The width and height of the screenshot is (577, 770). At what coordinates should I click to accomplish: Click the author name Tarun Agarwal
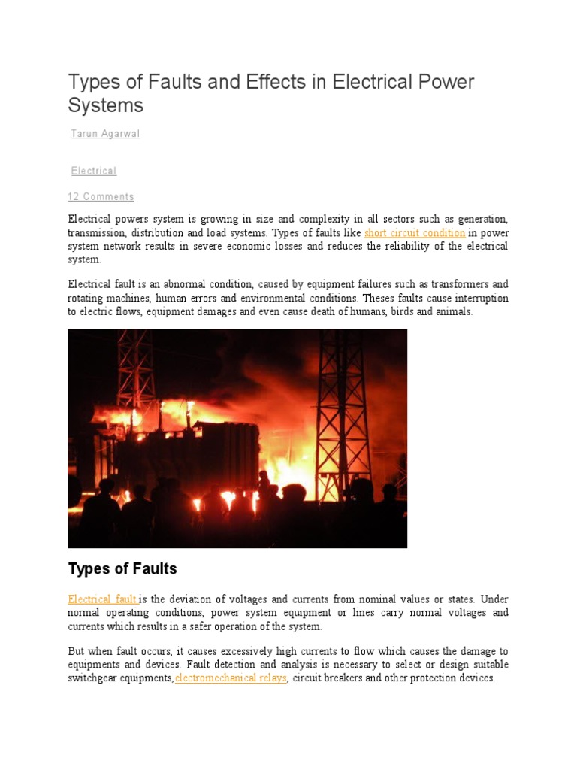(x=105, y=134)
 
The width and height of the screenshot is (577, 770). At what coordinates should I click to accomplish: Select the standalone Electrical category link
(x=94, y=171)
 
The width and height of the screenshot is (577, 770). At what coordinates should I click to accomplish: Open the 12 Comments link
(x=101, y=197)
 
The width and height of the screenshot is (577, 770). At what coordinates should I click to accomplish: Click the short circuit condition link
(x=414, y=233)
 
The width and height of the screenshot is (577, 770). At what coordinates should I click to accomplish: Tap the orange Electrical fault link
(x=103, y=599)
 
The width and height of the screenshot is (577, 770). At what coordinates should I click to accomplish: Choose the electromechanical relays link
(x=231, y=678)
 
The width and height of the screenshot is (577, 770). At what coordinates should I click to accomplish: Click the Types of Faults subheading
(x=122, y=568)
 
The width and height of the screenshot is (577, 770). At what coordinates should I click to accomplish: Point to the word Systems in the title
(x=105, y=105)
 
